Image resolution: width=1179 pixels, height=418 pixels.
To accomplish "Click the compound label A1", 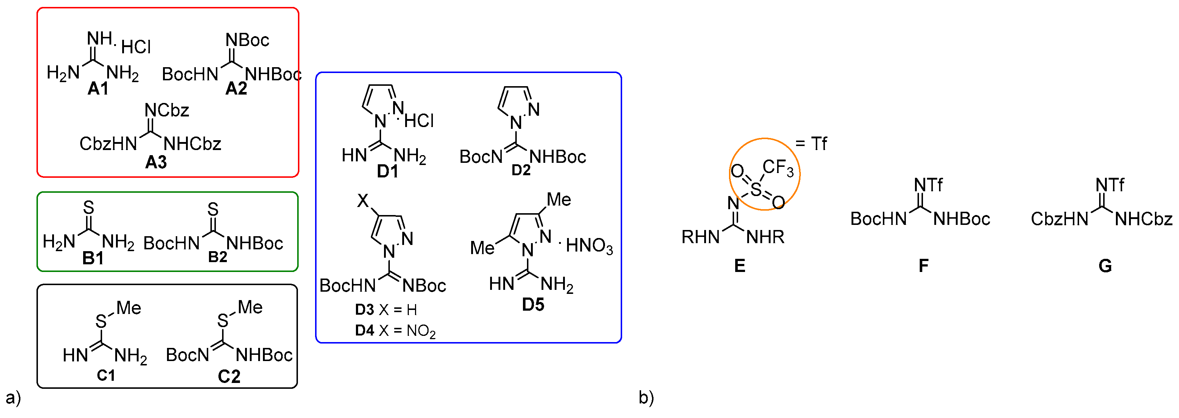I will coord(98,88).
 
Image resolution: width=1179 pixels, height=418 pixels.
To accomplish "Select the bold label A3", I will coord(156,162).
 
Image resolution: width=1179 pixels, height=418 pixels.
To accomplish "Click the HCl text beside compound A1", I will coord(136,47).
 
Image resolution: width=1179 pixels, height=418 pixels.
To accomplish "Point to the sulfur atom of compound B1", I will coord(88,208).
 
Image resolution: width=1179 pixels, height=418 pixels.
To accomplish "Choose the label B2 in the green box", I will coord(217,257).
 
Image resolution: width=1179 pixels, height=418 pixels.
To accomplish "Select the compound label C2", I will coord(229,376).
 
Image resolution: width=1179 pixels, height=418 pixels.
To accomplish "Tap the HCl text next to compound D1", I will coord(419,121).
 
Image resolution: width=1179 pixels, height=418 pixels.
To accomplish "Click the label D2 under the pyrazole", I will coord(521,170).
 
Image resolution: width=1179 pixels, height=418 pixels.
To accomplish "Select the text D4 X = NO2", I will coord(395,330).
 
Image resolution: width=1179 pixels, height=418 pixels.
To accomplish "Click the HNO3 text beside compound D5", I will coord(589,246).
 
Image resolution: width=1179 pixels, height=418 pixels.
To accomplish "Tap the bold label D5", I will coord(533,304).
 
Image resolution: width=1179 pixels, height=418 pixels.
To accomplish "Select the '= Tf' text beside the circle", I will coord(811,144).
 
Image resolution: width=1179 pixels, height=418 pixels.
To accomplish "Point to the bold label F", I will coord(924,265).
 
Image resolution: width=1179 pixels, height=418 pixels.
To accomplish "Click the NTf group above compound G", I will coord(1109,185).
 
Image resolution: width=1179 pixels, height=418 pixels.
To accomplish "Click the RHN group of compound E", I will coord(700,237).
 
